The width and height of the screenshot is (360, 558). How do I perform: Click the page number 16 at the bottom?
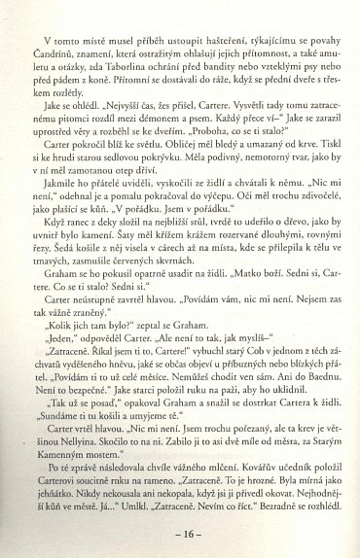[x=180, y=534]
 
